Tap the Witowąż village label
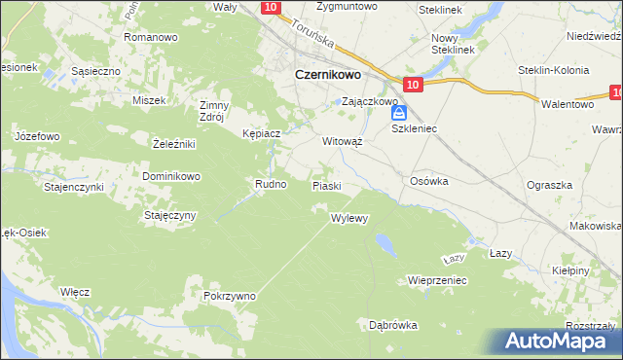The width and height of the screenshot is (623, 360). pos(343,140)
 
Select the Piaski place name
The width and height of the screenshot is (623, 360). pos(326,185)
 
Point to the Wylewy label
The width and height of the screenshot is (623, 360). pos(349,218)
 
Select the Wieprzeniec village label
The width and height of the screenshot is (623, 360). pos(438,280)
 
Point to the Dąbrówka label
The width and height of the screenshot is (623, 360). pos(393,325)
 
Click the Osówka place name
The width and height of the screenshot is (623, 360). pos(428,180)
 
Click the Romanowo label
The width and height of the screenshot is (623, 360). pos(150,37)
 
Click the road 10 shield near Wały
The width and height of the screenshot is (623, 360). pos(272,8)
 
